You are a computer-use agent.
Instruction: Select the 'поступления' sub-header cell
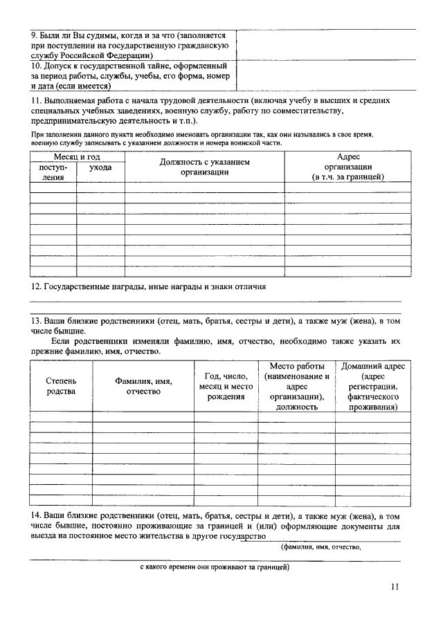[x=53, y=172]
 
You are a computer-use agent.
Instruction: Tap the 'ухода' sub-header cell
[x=100, y=167]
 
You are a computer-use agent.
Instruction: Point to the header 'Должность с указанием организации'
[x=204, y=167]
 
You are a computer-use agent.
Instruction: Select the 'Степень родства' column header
[x=61, y=386]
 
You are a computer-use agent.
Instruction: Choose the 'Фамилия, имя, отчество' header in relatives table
[x=143, y=386]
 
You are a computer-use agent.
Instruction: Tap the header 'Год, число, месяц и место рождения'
[x=225, y=386]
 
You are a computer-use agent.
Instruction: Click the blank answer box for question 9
[x=326, y=44]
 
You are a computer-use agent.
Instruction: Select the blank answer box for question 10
[x=326, y=75]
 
